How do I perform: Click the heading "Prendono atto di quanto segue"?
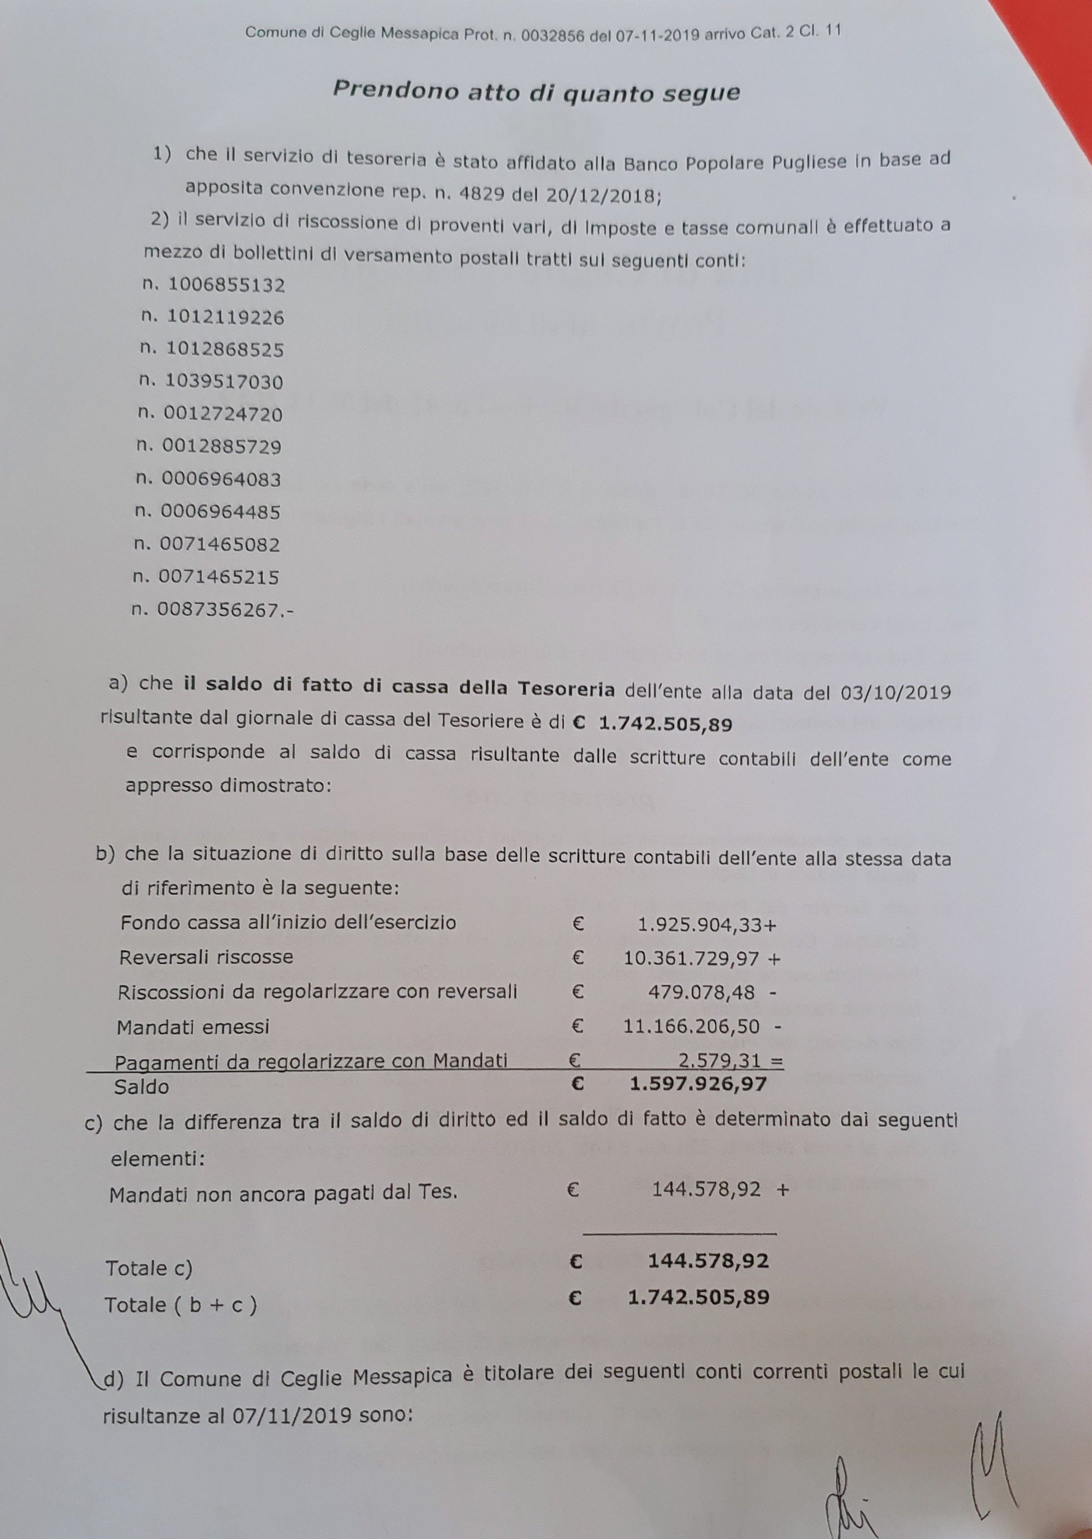click(536, 92)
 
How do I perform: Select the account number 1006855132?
click(226, 285)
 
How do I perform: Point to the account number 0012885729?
click(221, 446)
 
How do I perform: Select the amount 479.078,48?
click(701, 992)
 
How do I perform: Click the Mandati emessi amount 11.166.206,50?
click(691, 1027)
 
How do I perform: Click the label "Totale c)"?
click(149, 1268)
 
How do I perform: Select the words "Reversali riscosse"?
click(206, 957)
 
